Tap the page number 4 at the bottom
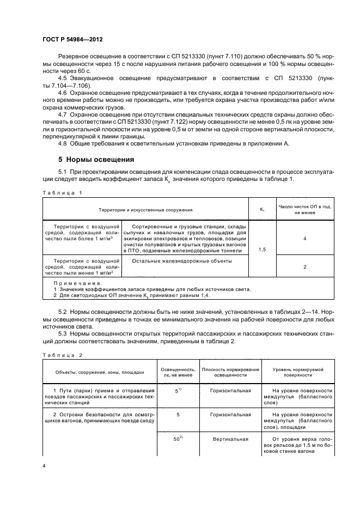pyautogui.click(x=43, y=466)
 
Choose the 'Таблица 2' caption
pyautogui.click(x=62, y=355)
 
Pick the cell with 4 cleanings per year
pyautogui.click(x=304, y=239)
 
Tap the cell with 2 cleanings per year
pyautogui.click(x=304, y=267)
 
